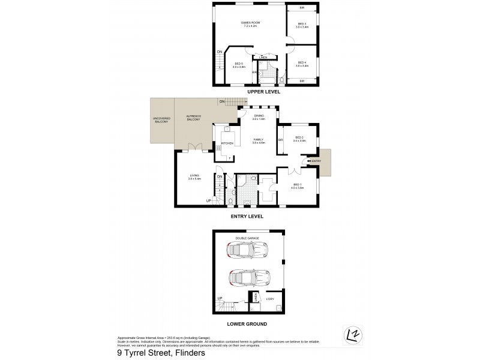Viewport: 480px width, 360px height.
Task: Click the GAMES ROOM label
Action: point(251,24)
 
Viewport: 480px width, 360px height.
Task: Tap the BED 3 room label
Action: point(301,25)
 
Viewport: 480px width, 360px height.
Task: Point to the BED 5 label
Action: point(238,64)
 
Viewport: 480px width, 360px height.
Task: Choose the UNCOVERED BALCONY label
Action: point(162,120)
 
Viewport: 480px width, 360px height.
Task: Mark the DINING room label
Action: point(259,117)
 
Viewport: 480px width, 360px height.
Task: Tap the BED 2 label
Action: point(299,139)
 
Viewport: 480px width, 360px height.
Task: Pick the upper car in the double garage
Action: point(247,250)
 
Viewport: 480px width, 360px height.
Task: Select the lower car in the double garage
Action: point(247,278)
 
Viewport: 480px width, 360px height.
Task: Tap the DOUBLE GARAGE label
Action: point(248,238)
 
